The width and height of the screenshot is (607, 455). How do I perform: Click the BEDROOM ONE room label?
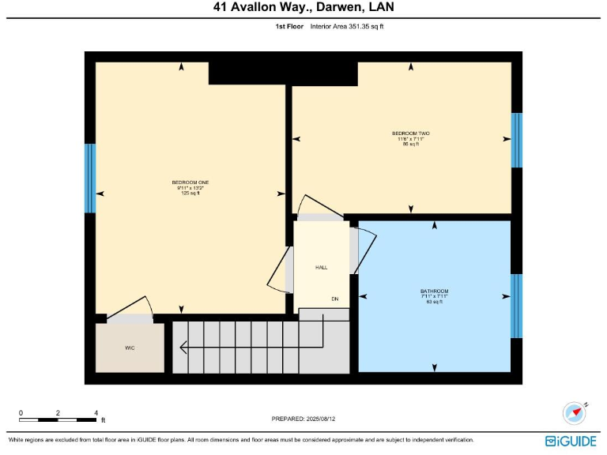(190, 182)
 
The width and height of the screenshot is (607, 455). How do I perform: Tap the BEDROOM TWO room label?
(410, 133)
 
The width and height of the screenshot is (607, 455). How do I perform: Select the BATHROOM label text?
(434, 291)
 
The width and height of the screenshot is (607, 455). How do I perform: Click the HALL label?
(321, 268)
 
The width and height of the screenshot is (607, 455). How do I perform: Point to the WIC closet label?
(130, 348)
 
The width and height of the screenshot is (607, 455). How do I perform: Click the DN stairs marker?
(335, 299)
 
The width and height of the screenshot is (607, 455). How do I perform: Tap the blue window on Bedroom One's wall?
(90, 179)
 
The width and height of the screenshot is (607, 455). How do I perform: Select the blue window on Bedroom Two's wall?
(516, 141)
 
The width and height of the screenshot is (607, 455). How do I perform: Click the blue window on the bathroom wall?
(516, 306)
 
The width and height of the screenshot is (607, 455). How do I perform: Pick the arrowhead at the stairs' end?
(184, 346)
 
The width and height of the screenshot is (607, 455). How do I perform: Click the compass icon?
(573, 413)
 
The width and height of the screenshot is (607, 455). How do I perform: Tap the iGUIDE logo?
(571, 441)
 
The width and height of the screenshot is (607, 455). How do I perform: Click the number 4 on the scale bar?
(96, 412)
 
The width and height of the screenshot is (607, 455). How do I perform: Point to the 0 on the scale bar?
(21, 412)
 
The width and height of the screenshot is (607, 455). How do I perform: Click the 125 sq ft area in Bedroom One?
(190, 193)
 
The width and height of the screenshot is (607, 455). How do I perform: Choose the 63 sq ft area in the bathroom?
(434, 302)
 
